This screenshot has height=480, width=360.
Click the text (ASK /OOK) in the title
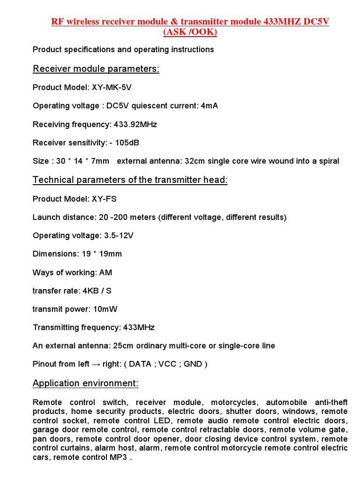tap(190, 32)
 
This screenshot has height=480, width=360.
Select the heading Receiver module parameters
tap(96, 69)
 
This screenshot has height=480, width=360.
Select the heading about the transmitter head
tap(130, 180)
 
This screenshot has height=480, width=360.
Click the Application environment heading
tap(85, 383)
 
